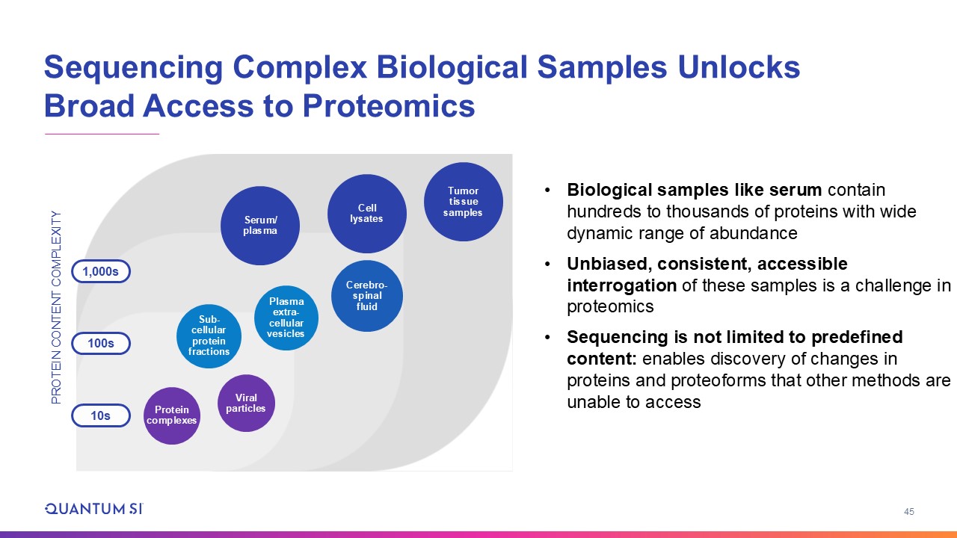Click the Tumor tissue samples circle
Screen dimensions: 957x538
click(x=463, y=202)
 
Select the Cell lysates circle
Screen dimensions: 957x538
click(x=367, y=214)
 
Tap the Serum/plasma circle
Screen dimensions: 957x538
click(x=260, y=226)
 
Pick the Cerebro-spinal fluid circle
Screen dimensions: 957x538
click(x=367, y=296)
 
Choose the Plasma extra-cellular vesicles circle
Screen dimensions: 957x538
click(x=286, y=318)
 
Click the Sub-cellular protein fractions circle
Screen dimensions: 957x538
click(x=209, y=336)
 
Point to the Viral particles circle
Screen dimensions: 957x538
click(x=246, y=403)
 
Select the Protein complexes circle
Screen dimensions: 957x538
click(x=172, y=415)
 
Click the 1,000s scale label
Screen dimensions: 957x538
click(x=101, y=271)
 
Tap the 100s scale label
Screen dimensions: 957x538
click(x=101, y=343)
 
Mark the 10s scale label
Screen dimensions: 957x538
click(x=101, y=415)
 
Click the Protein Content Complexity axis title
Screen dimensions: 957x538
click(x=56, y=307)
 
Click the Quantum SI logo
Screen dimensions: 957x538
click(x=94, y=509)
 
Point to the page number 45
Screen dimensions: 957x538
click(x=908, y=512)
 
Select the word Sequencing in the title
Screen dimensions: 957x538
click(x=134, y=68)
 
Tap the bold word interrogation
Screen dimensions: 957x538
click(x=621, y=285)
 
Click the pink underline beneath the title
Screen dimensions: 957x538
click(x=102, y=134)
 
